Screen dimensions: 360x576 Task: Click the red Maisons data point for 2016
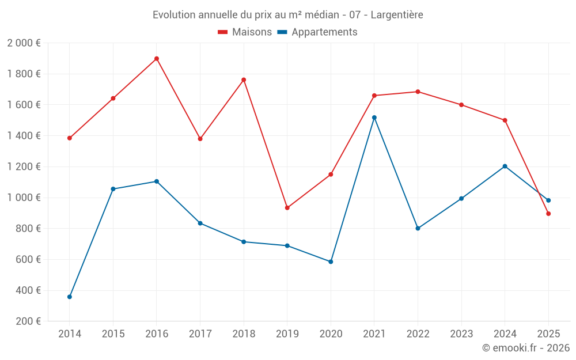(157, 59)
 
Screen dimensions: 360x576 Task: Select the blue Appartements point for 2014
(70, 297)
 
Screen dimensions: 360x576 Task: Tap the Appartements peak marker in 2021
(374, 118)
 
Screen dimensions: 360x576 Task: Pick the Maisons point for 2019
(287, 208)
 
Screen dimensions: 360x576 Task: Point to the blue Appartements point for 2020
(331, 262)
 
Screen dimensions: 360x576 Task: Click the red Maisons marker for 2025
(548, 214)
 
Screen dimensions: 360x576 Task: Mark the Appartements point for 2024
(505, 166)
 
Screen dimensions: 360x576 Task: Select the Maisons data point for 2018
(244, 80)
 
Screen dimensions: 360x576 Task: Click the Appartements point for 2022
(418, 228)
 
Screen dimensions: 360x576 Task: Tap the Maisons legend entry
(245, 32)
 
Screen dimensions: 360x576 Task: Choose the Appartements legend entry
(317, 32)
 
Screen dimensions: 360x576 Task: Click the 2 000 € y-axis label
(24, 43)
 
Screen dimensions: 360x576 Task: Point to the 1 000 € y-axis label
(24, 198)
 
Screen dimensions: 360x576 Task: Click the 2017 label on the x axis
(200, 334)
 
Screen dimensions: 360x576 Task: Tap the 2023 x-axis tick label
(461, 334)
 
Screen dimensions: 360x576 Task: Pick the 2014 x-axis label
(70, 334)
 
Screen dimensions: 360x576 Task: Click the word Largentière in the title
(397, 15)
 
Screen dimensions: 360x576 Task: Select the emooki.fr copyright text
(526, 348)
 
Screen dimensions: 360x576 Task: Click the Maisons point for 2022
(418, 92)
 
